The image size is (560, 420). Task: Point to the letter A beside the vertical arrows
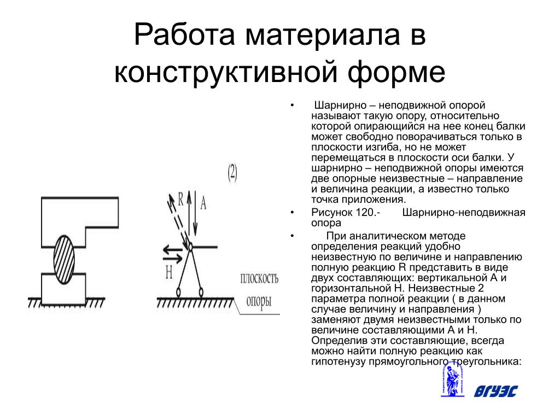(203, 203)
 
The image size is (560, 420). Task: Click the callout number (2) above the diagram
(232, 173)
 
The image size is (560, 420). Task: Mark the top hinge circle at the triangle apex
(191, 247)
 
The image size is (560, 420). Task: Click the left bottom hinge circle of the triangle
(178, 291)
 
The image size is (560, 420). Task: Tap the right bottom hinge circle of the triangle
(201, 291)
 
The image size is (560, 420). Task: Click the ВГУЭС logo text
(495, 390)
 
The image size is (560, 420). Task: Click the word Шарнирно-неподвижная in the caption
(464, 212)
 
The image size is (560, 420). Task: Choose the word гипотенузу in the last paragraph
(338, 361)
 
